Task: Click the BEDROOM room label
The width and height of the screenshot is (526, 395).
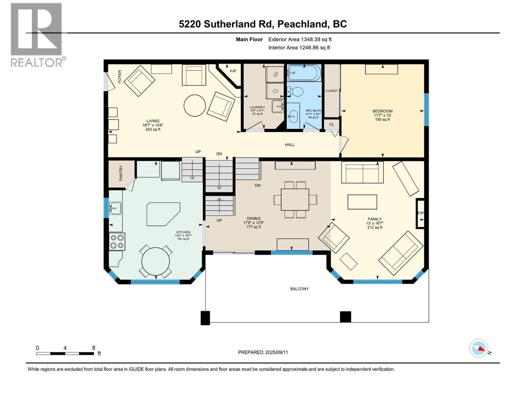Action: pyautogui.click(x=382, y=111)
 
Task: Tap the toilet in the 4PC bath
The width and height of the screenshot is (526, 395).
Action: pyautogui.click(x=295, y=92)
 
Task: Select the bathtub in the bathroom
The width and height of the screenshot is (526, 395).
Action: pyautogui.click(x=304, y=72)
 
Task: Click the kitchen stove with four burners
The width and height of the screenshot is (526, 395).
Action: pyautogui.click(x=117, y=241)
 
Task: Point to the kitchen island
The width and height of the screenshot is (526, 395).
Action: pyautogui.click(x=163, y=214)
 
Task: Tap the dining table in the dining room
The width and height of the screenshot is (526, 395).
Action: pyautogui.click(x=295, y=199)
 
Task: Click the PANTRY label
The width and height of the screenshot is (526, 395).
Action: pyautogui.click(x=121, y=173)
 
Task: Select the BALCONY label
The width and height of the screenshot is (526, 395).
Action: pyautogui.click(x=299, y=289)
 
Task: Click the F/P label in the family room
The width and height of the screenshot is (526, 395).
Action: pyautogui.click(x=420, y=213)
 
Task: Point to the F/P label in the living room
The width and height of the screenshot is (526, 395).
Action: pyautogui.click(x=233, y=71)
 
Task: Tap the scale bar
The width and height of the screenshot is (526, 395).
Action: pyautogui.click(x=65, y=354)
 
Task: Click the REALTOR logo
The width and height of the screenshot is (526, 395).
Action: pyautogui.click(x=37, y=35)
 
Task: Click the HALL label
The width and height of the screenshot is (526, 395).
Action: pyautogui.click(x=290, y=145)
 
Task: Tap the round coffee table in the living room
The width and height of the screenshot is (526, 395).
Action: pyautogui.click(x=195, y=105)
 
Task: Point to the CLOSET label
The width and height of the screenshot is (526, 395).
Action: pyautogui.click(x=331, y=91)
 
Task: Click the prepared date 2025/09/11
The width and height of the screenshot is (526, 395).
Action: pyautogui.click(x=276, y=352)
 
